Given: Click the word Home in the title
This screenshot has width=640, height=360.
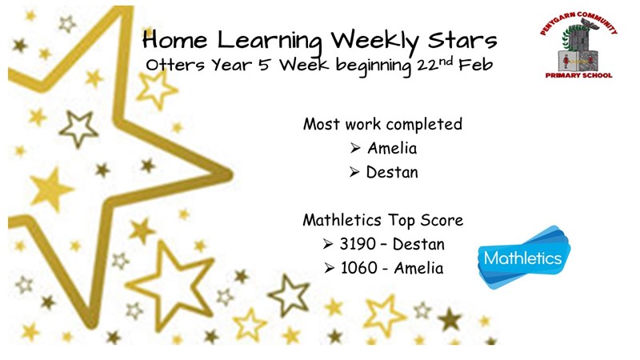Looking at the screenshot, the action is pos(174,40).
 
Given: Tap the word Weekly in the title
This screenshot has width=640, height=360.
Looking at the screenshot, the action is pos(375,42).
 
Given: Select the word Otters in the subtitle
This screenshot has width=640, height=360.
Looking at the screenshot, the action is pos(175,65).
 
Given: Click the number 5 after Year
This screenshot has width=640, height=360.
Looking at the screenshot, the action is pos(264,65).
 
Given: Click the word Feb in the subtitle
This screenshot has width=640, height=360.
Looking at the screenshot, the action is pos(475,65).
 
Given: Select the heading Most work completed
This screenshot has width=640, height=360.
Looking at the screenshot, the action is pos(382,124).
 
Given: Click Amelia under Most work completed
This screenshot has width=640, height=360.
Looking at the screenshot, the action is pos(392,148).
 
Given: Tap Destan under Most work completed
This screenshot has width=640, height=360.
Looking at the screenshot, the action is pos(392,172).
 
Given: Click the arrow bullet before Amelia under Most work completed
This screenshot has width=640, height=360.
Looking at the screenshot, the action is pos(355,148).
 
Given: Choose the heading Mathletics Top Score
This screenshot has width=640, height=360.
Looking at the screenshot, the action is pos(383,221).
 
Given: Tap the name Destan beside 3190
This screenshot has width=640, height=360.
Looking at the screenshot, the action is pos(418,244).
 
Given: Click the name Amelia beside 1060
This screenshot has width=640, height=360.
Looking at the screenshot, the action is pos(418,268).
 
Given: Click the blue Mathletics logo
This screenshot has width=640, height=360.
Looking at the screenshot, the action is pos(524,258).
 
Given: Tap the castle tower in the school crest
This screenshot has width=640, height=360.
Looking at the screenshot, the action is pos(578,46).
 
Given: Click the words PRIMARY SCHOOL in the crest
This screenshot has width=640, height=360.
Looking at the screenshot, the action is pos(578,75).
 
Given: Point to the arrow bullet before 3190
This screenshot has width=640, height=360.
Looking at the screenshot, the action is pos(328,244).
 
